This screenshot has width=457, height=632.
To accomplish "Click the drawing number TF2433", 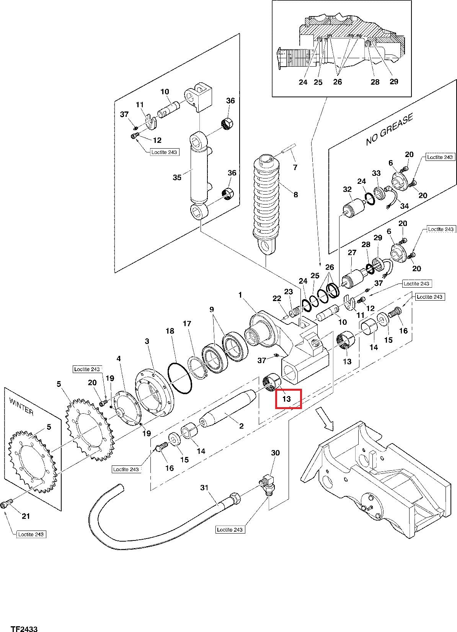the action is tap(24, 628).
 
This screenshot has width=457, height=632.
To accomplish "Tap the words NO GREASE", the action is tap(390, 129).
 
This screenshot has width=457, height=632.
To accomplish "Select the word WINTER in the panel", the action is tap(21, 406).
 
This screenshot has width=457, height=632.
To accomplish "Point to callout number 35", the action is tap(177, 177).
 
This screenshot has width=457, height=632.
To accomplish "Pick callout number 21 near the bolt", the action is tap(26, 516).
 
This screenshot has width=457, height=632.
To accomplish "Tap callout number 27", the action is tap(352, 252).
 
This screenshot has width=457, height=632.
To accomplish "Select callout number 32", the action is tap(347, 189).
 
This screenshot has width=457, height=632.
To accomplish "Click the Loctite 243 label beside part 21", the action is tap(31, 534).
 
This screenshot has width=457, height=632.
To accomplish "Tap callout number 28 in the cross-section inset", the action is tap(375, 82).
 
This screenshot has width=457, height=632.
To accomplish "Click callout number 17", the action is tap(187, 323).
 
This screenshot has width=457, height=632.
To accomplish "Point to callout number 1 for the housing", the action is tap(240, 295).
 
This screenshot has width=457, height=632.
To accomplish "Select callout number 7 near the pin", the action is tap(295, 167).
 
